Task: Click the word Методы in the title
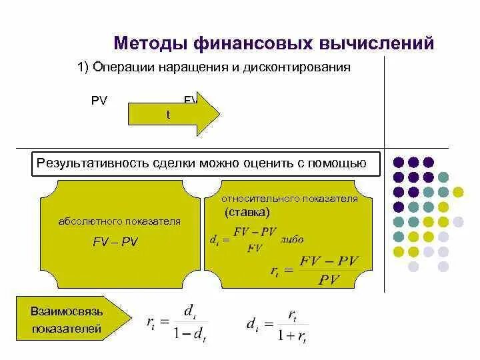pos(151,43)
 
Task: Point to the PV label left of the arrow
pos(99,101)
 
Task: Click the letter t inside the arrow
pos(168,115)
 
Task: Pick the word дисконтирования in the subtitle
pos(305,69)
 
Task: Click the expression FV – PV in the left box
pos(115,242)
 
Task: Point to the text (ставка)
pos(247,213)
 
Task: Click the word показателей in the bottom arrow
pos(66,329)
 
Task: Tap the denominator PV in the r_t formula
pos(329,279)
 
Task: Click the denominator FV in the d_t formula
pos(253,248)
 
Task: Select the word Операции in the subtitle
pos(119,69)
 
